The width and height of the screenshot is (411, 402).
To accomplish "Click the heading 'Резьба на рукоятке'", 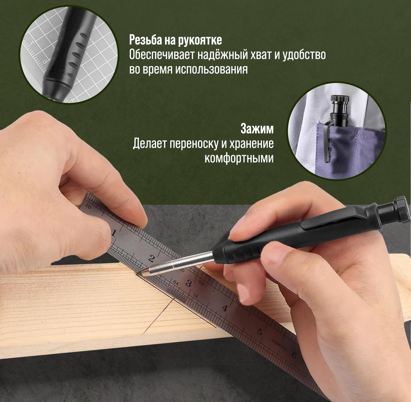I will (x=176, y=40).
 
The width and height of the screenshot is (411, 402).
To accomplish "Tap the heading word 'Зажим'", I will (x=257, y=129).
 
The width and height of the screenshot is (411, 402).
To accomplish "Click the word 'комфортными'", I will (x=239, y=158).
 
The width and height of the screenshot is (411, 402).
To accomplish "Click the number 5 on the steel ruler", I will (x=259, y=332).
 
